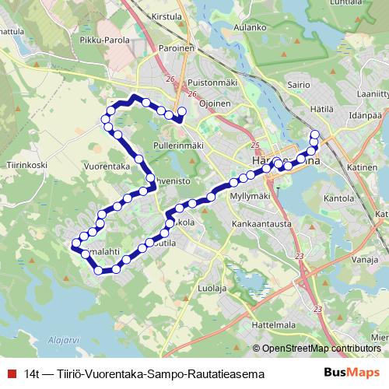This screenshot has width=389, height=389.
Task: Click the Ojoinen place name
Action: click(215, 103)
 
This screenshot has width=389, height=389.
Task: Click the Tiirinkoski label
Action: click(26, 164)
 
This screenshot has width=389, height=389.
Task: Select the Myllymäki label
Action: click(250, 197)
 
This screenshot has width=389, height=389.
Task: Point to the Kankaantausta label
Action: click(261, 224)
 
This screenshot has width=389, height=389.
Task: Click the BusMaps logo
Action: click(348, 373)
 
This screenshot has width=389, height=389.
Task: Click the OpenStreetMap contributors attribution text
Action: click(321, 349)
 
